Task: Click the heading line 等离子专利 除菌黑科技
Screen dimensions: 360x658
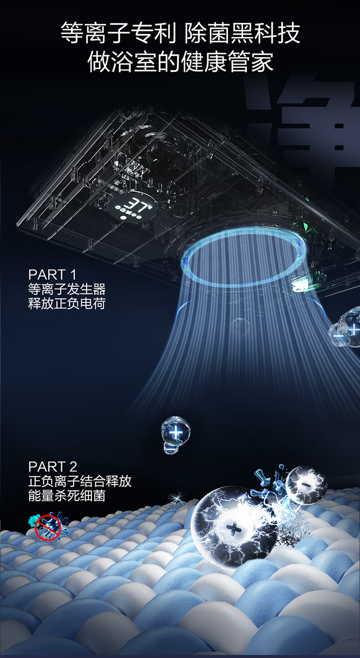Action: coord(180,34)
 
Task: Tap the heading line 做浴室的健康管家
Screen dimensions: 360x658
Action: coord(180,61)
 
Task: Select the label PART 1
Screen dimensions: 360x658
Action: coord(52,275)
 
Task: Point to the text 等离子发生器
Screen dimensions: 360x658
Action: coord(67,289)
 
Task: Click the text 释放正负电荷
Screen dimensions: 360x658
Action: coord(67,303)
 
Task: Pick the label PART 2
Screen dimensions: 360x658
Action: coord(53,466)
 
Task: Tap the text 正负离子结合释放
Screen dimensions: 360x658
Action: coord(80,481)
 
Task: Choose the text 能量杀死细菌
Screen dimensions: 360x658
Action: coord(67,495)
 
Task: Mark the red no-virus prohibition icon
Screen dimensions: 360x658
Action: coord(48,526)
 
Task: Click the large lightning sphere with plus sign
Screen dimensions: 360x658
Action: coord(233,527)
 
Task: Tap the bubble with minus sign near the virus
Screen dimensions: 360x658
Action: coord(306,484)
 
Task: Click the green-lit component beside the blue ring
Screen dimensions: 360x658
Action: coord(303,284)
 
